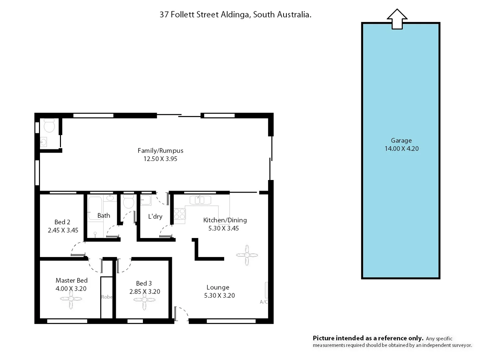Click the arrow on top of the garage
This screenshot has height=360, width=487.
point(397,19)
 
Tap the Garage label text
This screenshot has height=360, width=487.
point(401,140)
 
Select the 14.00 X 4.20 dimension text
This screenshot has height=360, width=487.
point(401,149)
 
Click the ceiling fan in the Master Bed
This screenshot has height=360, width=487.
point(71,299)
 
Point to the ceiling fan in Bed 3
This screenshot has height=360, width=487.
point(144,300)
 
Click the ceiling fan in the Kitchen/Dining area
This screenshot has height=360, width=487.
point(247,255)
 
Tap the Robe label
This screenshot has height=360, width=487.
point(107,297)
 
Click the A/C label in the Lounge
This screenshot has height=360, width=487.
point(263,302)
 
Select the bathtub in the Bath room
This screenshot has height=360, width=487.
point(95,208)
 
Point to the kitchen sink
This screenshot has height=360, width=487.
point(200,200)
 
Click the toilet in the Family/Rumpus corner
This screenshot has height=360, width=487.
point(49,126)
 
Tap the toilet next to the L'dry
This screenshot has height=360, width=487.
point(128,202)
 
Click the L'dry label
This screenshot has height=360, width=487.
point(155,216)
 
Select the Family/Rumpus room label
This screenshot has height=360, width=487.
point(160,151)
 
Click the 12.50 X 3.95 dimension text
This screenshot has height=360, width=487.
point(160,159)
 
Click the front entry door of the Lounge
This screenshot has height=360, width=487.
point(181,314)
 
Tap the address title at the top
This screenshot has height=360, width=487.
point(235,15)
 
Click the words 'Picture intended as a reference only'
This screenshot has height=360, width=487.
point(368,338)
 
